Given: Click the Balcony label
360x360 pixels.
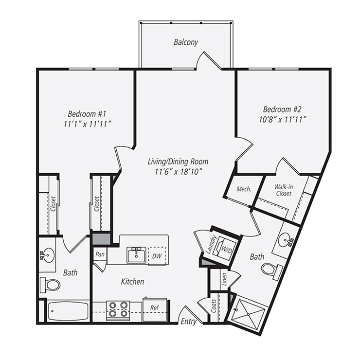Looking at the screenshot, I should [x=186, y=42].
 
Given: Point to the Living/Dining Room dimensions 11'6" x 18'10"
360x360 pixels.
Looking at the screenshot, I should [x=179, y=171].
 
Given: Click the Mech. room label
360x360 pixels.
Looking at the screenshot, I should [x=244, y=189].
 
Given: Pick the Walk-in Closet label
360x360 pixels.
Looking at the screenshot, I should [x=283, y=190].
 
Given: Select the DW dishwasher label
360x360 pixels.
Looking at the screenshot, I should [x=157, y=255].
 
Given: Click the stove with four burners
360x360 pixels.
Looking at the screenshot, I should [x=118, y=309].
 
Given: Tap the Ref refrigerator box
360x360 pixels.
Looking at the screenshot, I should [x=154, y=308].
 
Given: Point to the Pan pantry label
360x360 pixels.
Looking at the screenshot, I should [x=100, y=254].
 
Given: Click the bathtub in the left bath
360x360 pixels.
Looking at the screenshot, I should [x=68, y=311].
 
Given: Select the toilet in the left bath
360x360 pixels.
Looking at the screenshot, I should [x=50, y=284].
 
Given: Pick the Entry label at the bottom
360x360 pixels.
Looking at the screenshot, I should [x=188, y=322].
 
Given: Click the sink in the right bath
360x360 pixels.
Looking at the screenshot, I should [x=286, y=239].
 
